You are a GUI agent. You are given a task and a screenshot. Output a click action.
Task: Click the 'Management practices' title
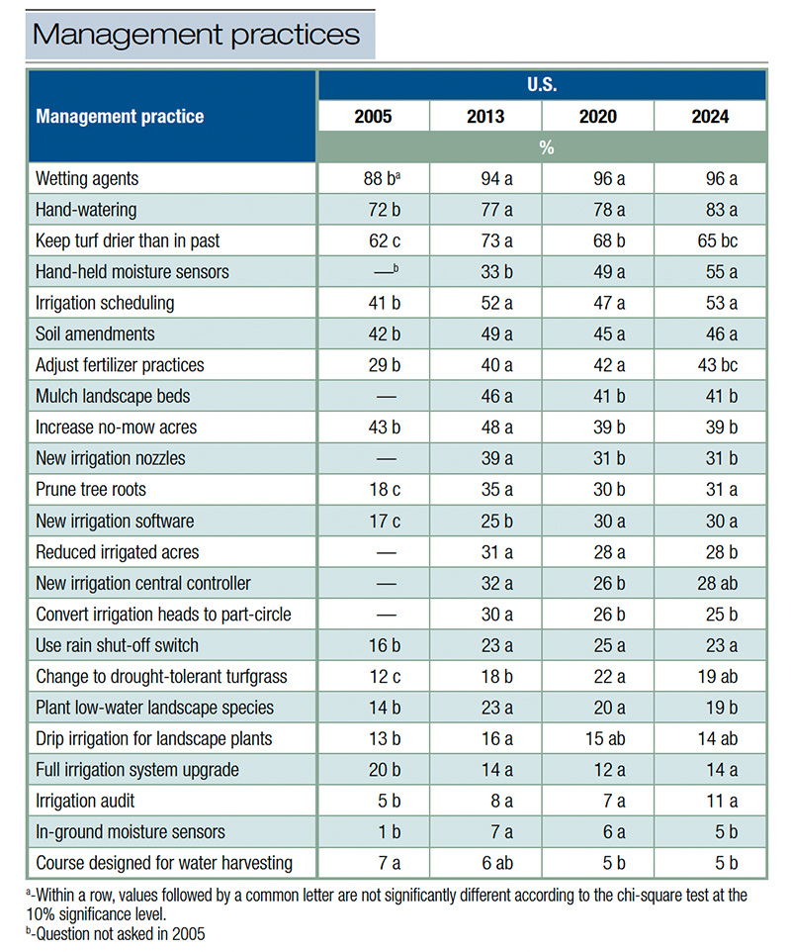197,35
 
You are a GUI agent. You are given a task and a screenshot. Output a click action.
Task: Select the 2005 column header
373,117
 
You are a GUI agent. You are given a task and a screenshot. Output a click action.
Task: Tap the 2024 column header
710,117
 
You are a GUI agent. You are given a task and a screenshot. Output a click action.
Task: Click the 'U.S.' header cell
541,85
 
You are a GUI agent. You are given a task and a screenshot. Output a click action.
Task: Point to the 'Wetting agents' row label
87,179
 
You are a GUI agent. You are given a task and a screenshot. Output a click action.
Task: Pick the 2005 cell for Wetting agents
373,179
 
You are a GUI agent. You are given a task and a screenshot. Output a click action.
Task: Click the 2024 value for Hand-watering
710,210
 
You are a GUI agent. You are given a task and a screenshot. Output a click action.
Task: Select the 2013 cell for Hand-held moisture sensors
485,272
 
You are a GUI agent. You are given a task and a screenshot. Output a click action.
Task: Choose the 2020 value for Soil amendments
597,334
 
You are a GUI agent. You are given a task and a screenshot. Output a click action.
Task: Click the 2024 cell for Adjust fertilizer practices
710,365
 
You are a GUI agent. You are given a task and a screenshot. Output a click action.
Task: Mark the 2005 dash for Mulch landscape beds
373,396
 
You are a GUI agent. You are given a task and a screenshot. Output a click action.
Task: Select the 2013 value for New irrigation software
485,521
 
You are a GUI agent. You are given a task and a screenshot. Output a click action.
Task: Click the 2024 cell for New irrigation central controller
710,583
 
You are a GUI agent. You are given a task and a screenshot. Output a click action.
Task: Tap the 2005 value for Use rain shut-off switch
373,645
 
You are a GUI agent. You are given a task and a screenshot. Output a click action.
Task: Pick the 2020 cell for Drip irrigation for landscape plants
597,738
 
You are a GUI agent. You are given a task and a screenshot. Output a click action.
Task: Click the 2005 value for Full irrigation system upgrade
373,770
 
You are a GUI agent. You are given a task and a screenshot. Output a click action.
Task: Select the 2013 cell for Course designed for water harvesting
485,863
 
